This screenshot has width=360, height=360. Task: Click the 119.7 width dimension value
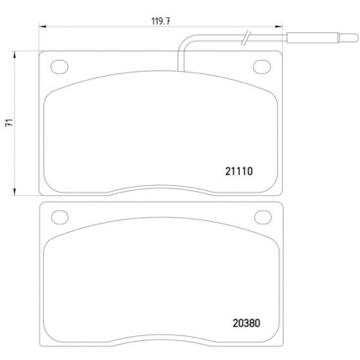[x=161, y=21]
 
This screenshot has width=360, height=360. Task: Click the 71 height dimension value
[x=10, y=122]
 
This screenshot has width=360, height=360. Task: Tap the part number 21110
[x=239, y=171]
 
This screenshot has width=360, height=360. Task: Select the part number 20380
[x=247, y=323]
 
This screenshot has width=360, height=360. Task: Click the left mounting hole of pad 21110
[x=59, y=67]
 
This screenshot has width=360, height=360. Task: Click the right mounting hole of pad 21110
[x=262, y=67]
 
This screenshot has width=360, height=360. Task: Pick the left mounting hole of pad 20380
[x=60, y=217]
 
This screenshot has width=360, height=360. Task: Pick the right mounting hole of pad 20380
[x=263, y=217]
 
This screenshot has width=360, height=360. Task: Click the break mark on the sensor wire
[x=246, y=38]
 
